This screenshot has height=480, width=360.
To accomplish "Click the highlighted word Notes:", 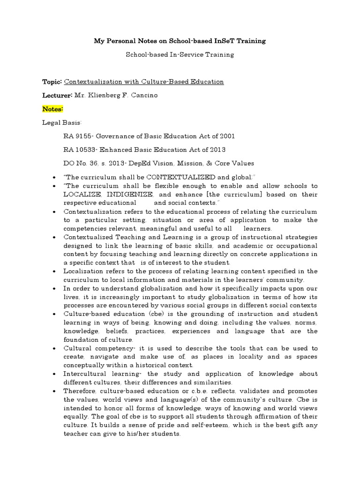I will [53, 109].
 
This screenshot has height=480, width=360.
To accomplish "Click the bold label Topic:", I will [52, 82].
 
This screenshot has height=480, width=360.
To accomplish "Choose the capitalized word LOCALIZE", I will [82, 195].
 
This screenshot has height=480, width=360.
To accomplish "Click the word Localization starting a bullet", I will [85, 271].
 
